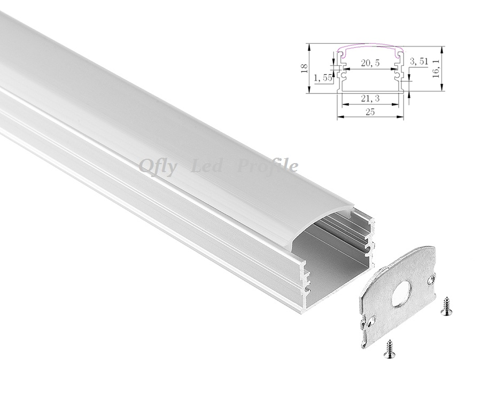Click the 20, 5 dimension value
370,63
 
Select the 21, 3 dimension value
370,98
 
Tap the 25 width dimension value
370,112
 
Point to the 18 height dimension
304,68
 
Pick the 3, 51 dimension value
418,61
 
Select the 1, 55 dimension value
323,78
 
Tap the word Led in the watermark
206,166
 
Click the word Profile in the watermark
268,166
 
